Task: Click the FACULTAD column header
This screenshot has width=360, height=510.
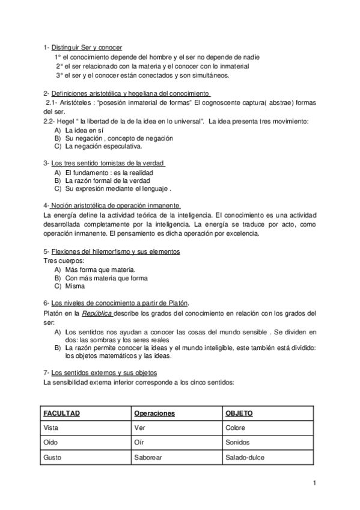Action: tap(62, 413)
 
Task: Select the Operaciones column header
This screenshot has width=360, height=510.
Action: tap(154, 413)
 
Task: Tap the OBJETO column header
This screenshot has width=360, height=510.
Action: tap(239, 413)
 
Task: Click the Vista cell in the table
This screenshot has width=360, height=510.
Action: tap(53, 428)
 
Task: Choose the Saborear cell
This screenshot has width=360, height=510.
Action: tap(148, 457)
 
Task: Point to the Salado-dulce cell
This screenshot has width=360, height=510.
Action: tap(245, 457)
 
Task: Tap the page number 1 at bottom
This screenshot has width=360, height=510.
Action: tap(314, 483)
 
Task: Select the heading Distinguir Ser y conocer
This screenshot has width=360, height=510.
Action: tap(87, 47)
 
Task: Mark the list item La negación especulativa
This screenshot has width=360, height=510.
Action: tap(103, 146)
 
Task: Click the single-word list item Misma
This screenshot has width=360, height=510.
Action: tap(75, 286)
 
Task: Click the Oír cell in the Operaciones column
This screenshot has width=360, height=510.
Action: tap(139, 442)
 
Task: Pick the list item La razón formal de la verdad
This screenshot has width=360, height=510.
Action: tap(108, 180)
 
